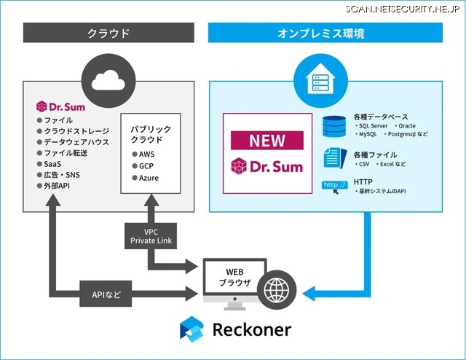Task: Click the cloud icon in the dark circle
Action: click(108, 77)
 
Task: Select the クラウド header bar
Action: click(108, 33)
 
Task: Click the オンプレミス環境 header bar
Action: click(325, 33)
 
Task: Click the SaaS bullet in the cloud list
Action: click(53, 164)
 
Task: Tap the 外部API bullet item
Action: click(59, 186)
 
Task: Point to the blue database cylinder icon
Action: click(335, 125)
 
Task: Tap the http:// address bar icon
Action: click(334, 185)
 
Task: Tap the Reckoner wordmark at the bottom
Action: click(251, 329)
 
